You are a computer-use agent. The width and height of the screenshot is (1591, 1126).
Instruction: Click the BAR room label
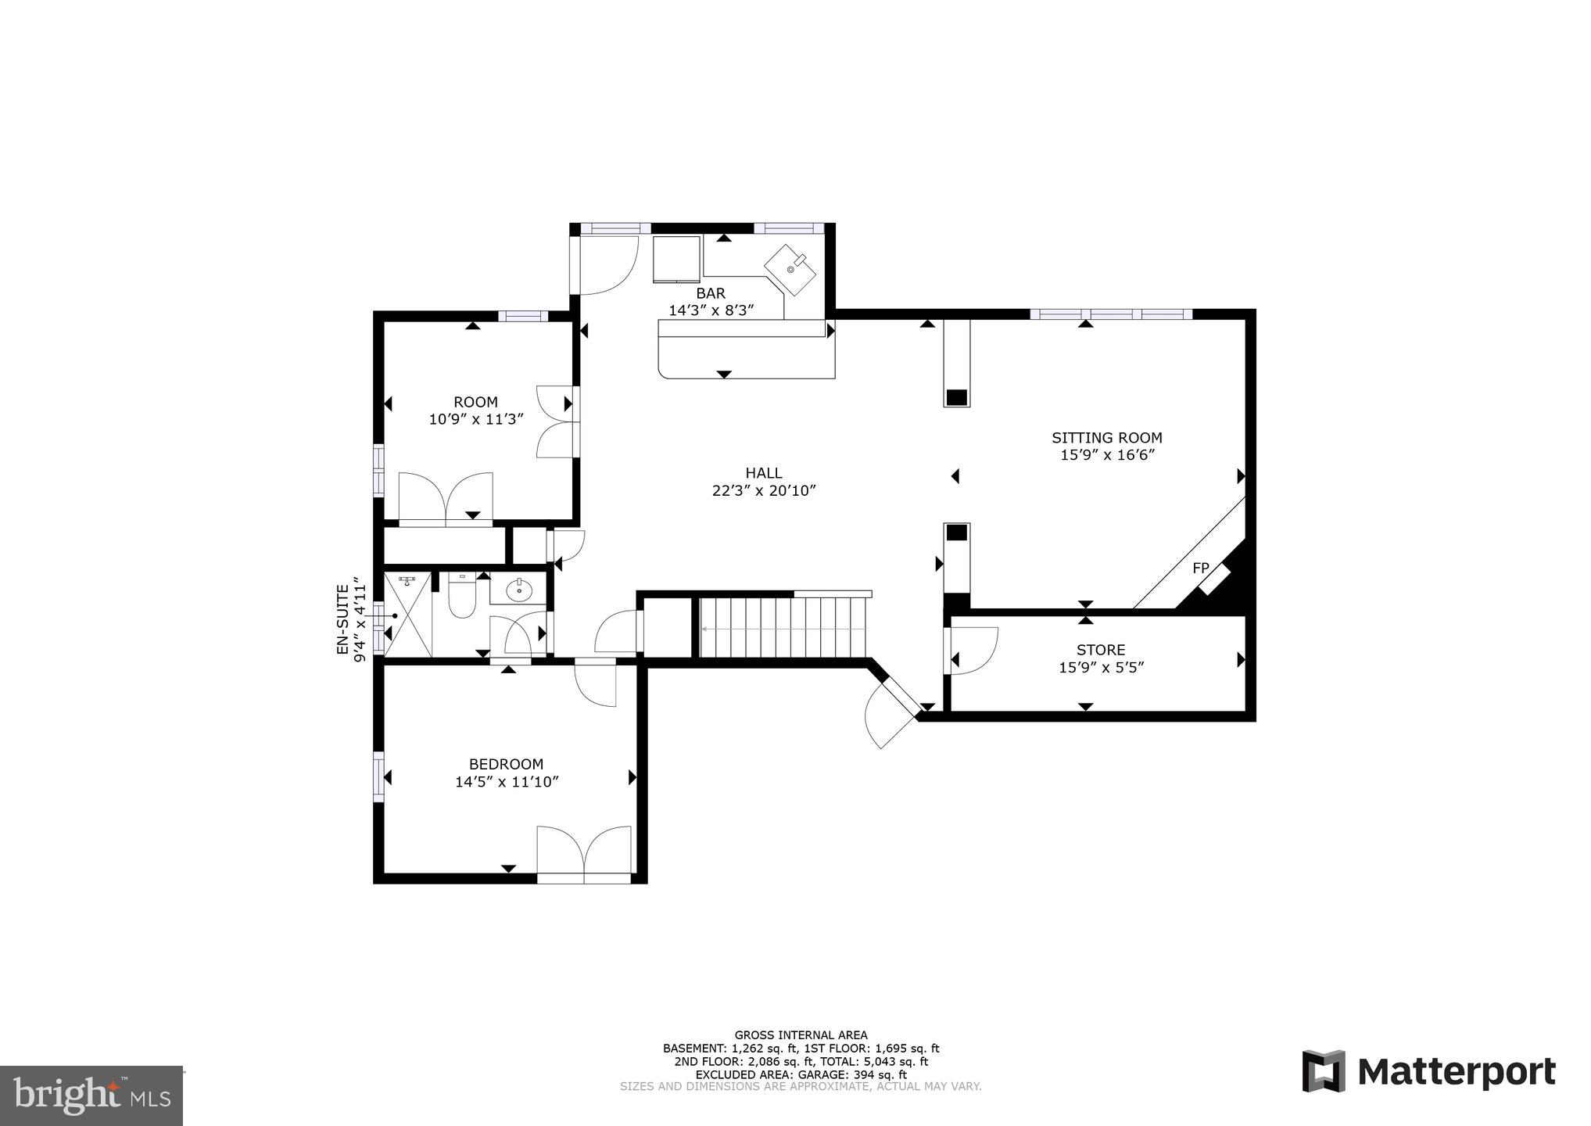710,293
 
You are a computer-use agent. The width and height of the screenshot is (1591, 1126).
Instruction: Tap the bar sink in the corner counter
790,269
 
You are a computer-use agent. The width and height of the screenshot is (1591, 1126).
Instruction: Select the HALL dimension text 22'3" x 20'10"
763,491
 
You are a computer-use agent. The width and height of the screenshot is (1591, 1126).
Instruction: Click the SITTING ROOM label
1106,438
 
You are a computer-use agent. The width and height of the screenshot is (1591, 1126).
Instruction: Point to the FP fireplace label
1200,568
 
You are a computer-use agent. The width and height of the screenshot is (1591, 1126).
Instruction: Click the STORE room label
1101,650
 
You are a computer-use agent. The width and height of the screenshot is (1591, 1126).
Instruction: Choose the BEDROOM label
506,764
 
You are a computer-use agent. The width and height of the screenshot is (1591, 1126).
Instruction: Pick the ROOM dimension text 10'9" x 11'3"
475,420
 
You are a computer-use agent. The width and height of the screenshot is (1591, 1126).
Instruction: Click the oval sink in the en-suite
518,591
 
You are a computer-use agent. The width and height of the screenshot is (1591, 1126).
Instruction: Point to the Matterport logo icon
1323,1070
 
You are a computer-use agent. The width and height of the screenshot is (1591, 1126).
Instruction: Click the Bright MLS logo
91,1096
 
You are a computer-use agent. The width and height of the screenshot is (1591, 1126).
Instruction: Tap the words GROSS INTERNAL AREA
800,1035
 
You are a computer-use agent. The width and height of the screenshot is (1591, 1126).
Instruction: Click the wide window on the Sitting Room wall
1110,314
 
